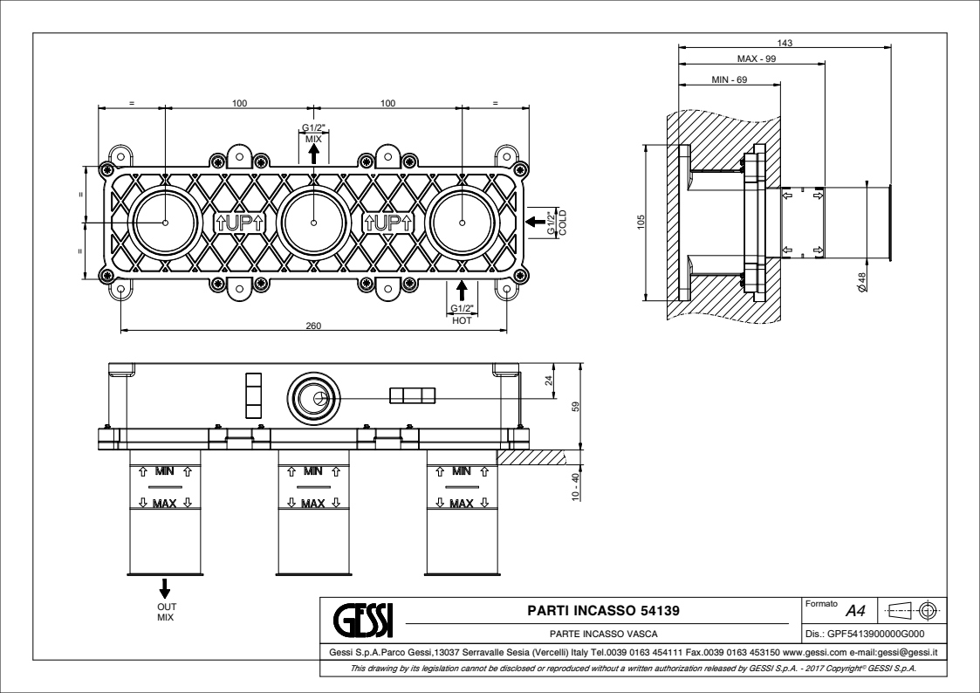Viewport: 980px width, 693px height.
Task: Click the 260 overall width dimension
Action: click(313, 326)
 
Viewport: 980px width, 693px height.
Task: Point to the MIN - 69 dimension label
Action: click(730, 79)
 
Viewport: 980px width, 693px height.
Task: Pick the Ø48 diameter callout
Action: click(860, 282)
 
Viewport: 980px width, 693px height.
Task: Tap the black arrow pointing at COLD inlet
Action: click(534, 222)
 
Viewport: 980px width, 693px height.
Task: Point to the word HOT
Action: click(462, 320)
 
